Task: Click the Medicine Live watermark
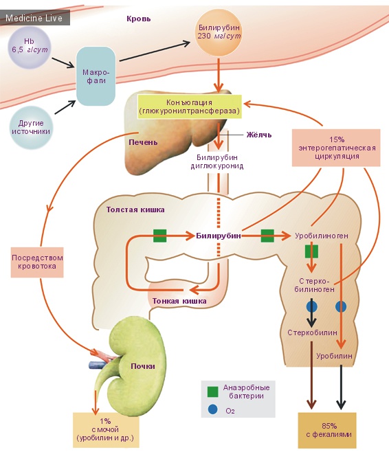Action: [34, 18]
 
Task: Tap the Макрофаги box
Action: [96, 76]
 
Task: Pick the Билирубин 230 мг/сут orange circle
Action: [219, 32]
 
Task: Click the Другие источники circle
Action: [31, 127]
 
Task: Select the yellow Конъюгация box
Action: [190, 106]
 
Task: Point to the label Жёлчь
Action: [258, 135]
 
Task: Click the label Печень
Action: [143, 142]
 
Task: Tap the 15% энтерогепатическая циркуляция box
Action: [336, 148]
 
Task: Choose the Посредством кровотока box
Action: [37, 262]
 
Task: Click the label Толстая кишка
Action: [135, 210]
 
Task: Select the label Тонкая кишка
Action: [179, 302]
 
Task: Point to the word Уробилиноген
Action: [321, 236]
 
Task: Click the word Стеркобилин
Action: [312, 332]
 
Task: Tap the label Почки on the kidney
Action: [143, 366]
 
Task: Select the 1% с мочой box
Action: [106, 430]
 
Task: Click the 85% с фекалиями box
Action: [327, 430]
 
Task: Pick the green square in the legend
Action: [213, 392]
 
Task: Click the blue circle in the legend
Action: [213, 409]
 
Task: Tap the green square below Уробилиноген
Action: [311, 251]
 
